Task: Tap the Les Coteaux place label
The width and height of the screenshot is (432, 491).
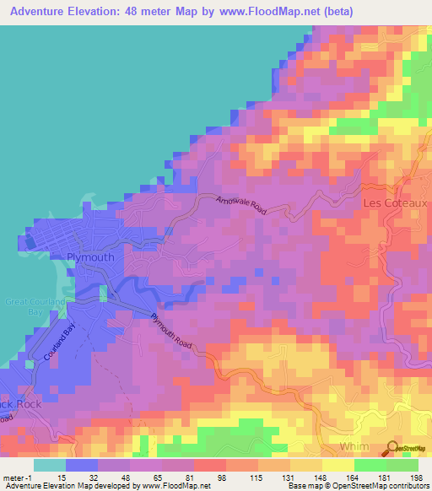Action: point(394,203)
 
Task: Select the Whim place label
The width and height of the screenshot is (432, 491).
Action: point(354,446)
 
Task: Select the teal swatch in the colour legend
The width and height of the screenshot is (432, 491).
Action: point(50,465)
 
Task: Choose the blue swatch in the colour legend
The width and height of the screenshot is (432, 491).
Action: point(82,465)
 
